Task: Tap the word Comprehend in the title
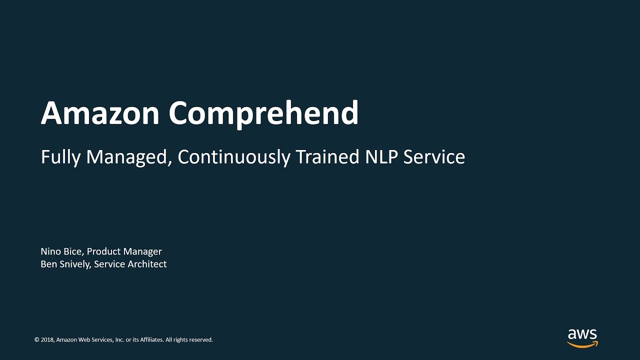263,114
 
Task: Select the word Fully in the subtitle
60,157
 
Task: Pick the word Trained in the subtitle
327,156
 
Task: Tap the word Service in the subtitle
434,156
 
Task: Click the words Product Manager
124,251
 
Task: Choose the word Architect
147,264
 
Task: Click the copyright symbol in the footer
37,339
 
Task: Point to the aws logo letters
582,334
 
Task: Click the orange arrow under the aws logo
583,344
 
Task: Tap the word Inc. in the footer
119,339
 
